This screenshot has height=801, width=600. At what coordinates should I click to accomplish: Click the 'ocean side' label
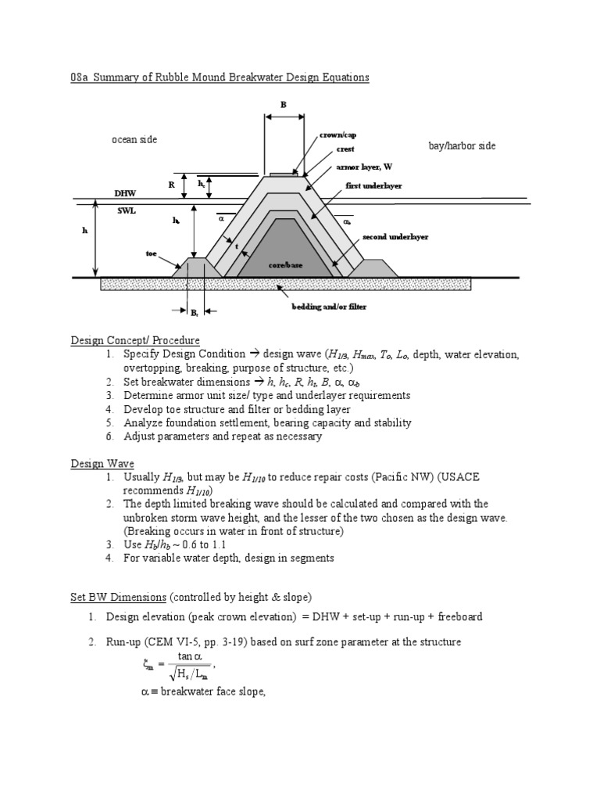[x=134, y=139]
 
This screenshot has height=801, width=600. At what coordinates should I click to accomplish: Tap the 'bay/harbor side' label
[x=462, y=146]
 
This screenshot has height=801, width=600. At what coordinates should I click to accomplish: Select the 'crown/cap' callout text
[x=337, y=135]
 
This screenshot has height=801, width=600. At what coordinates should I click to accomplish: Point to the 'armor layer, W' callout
[x=364, y=167]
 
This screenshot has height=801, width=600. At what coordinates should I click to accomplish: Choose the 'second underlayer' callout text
[x=395, y=236]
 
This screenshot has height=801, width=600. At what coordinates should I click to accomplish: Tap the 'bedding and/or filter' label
[x=329, y=307]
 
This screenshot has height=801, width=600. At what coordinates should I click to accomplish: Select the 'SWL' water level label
[x=126, y=211]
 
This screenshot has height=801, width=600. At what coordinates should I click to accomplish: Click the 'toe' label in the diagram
[x=152, y=253]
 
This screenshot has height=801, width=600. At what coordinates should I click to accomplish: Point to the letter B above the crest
[x=284, y=104]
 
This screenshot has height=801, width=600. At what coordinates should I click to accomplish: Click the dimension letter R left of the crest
[x=171, y=185]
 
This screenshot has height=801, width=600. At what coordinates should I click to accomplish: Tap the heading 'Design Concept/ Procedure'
[x=135, y=340]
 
